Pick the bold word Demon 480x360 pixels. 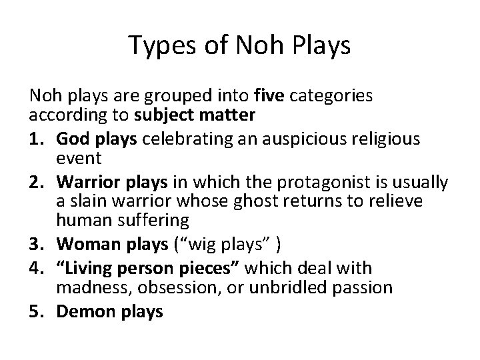pos(81,311)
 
